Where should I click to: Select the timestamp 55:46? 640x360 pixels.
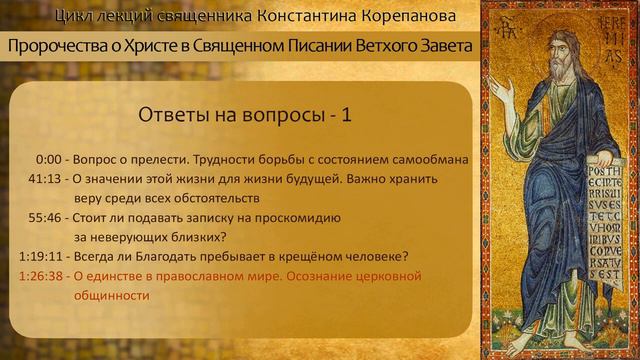pyautogui.click(x=47, y=217)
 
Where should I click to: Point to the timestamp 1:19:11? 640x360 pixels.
pyautogui.click(x=41, y=255)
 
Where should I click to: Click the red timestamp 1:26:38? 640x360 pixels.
pyautogui.click(x=41, y=275)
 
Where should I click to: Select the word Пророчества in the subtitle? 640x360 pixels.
pyautogui.click(x=62, y=47)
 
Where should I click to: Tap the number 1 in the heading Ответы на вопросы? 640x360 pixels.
pyautogui.click(x=346, y=115)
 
